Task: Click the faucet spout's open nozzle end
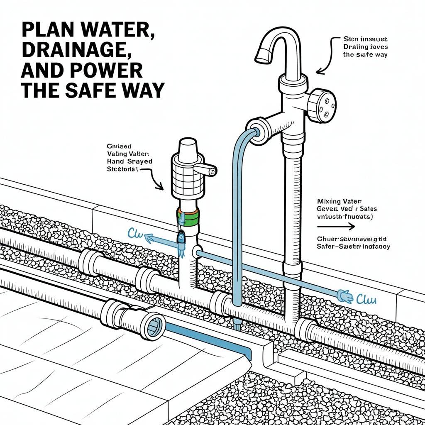[262, 56]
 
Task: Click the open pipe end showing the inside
[154, 321]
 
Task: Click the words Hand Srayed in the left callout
[129, 161]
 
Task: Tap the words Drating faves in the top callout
[364, 47]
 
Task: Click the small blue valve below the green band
[181, 237]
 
